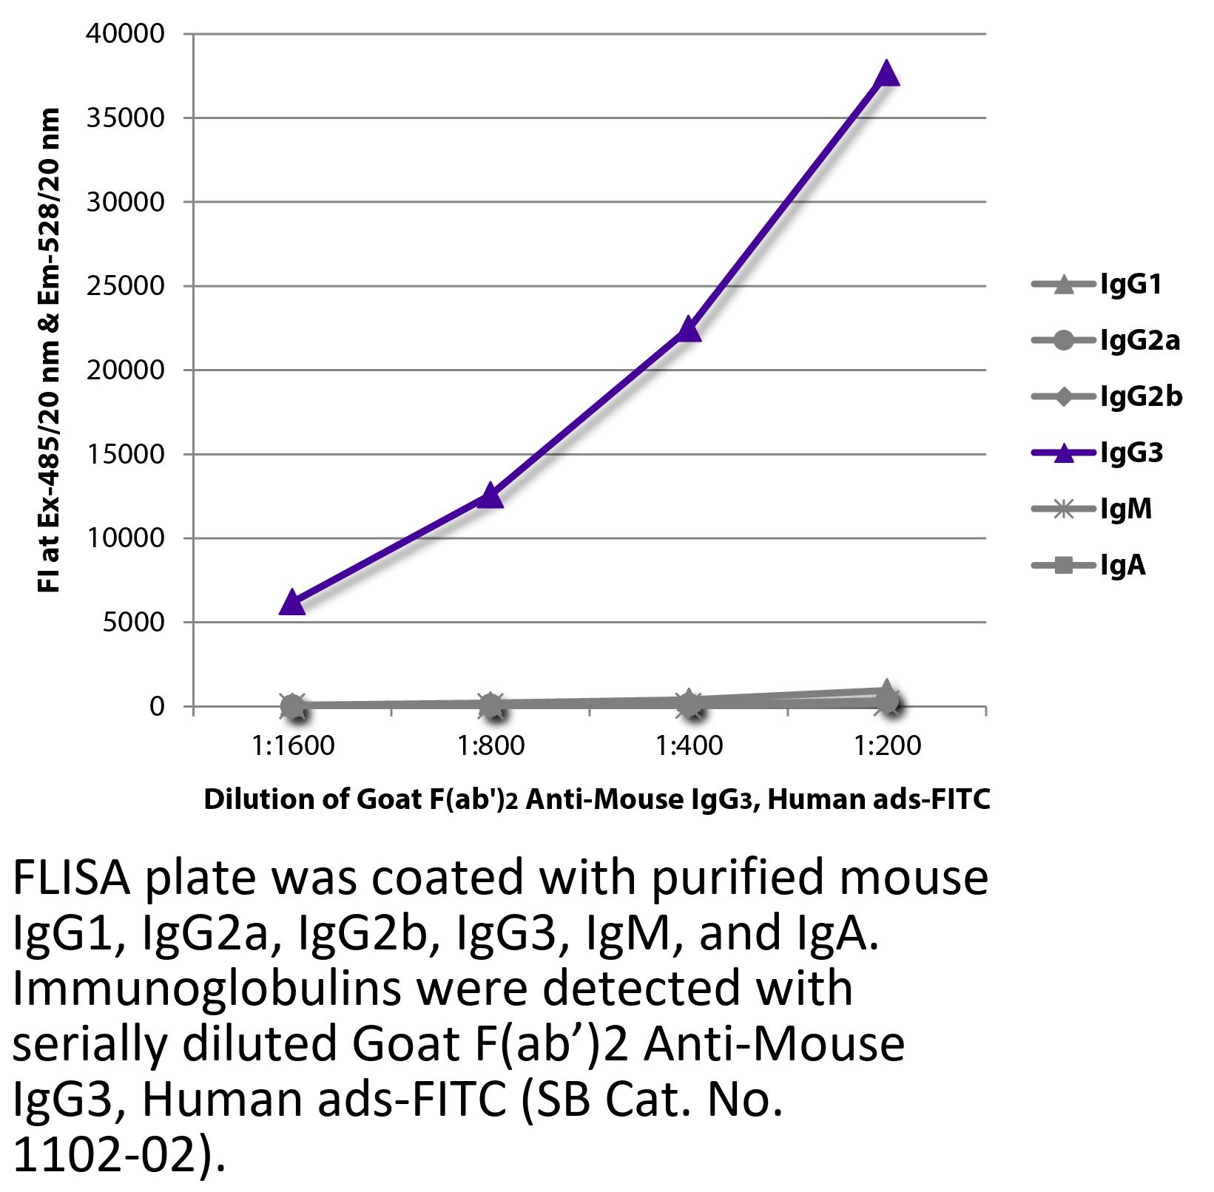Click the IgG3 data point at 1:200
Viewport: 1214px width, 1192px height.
[x=886, y=75]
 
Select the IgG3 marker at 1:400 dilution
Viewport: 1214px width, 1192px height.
[x=689, y=329]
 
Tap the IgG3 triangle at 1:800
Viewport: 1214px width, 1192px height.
[x=490, y=496]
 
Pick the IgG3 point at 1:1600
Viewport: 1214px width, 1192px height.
[x=292, y=603]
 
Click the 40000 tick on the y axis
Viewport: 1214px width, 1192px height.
[x=125, y=34]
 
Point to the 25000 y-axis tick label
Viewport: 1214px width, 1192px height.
[x=125, y=286]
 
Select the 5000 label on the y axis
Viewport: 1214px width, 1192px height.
[x=133, y=623]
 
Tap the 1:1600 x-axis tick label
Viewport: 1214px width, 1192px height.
[x=292, y=745]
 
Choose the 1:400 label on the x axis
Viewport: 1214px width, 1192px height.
[x=689, y=745]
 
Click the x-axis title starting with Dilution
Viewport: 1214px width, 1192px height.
[x=596, y=800]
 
